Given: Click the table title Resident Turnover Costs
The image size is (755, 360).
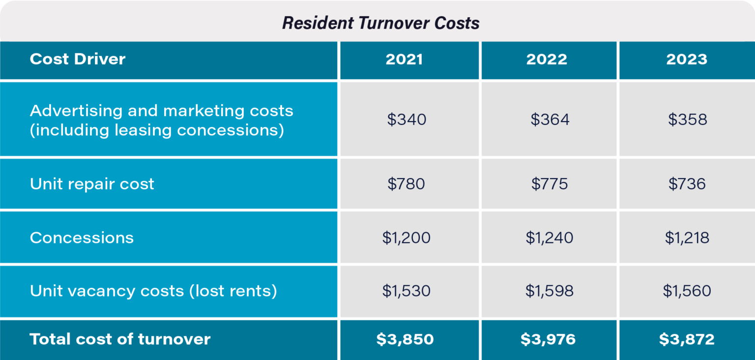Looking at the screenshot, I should click(380, 23).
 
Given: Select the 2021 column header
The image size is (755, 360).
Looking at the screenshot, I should click(404, 60).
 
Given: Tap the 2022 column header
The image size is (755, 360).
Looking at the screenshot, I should click(547, 60).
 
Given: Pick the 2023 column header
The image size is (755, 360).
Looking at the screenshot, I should click(687, 60).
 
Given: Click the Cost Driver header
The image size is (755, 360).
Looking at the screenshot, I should click(78, 60).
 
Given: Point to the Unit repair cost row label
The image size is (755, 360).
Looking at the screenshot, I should click(92, 184).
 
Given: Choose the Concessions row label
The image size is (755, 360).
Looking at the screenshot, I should click(82, 238).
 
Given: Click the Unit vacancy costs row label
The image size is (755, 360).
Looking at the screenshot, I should click(153, 291).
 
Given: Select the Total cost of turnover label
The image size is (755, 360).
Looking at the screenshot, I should click(120, 339).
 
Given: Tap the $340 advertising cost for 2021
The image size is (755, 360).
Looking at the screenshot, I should click(406, 120).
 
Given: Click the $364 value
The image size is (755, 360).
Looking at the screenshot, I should click(550, 120).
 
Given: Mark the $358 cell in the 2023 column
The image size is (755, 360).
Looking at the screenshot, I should click(687, 120).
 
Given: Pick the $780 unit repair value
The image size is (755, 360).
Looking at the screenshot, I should click(406, 184).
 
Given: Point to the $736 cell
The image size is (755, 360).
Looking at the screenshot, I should click(687, 184).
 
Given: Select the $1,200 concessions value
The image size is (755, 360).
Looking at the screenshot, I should click(406, 238).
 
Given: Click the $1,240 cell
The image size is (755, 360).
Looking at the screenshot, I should click(549, 238).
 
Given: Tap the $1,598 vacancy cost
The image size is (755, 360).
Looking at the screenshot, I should click(549, 291).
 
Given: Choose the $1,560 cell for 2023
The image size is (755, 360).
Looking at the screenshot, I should click(687, 291).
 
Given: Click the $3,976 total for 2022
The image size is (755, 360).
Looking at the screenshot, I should click(548, 339).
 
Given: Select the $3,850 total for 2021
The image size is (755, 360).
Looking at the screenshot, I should click(405, 339).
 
